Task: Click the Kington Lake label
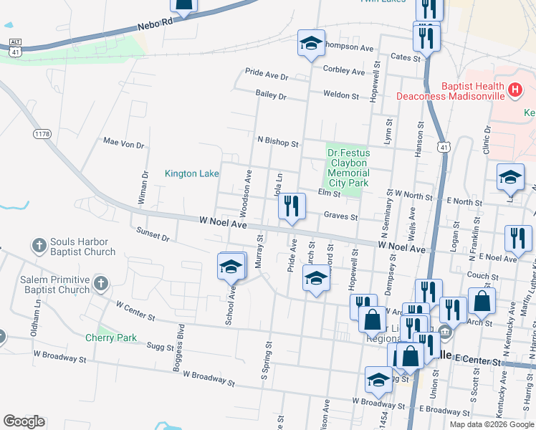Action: [191, 173]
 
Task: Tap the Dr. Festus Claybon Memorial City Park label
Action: [348, 168]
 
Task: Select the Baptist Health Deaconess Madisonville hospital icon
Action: [514, 90]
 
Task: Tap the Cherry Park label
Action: [111, 338]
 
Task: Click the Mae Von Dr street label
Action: [124, 144]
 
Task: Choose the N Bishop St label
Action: [277, 143]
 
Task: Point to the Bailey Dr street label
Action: [271, 95]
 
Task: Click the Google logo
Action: [24, 421]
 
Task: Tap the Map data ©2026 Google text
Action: [492, 424]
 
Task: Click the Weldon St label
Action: [340, 95]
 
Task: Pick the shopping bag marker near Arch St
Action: [482, 302]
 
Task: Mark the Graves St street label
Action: [340, 216]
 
